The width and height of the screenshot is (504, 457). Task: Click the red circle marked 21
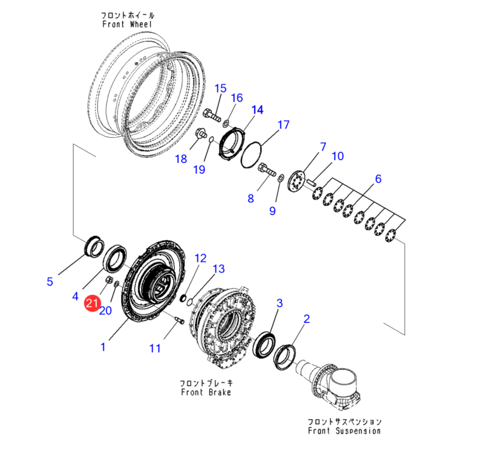pos(92,304)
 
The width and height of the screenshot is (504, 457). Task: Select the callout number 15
pos(220,88)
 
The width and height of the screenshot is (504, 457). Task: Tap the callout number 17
pos(283,125)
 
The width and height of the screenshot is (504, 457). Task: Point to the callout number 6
pos(378,179)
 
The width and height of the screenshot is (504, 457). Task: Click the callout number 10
pos(337,156)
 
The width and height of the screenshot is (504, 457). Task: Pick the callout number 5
pos(50,282)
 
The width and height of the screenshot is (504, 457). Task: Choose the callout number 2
pos(307,319)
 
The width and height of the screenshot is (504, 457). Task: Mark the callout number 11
pos(154,349)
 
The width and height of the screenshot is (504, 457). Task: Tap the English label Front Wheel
pos(127,24)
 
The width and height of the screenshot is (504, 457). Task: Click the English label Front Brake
pos(206,392)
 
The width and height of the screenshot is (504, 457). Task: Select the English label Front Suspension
pos(344,431)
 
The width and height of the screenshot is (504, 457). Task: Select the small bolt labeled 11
pos(178,320)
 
